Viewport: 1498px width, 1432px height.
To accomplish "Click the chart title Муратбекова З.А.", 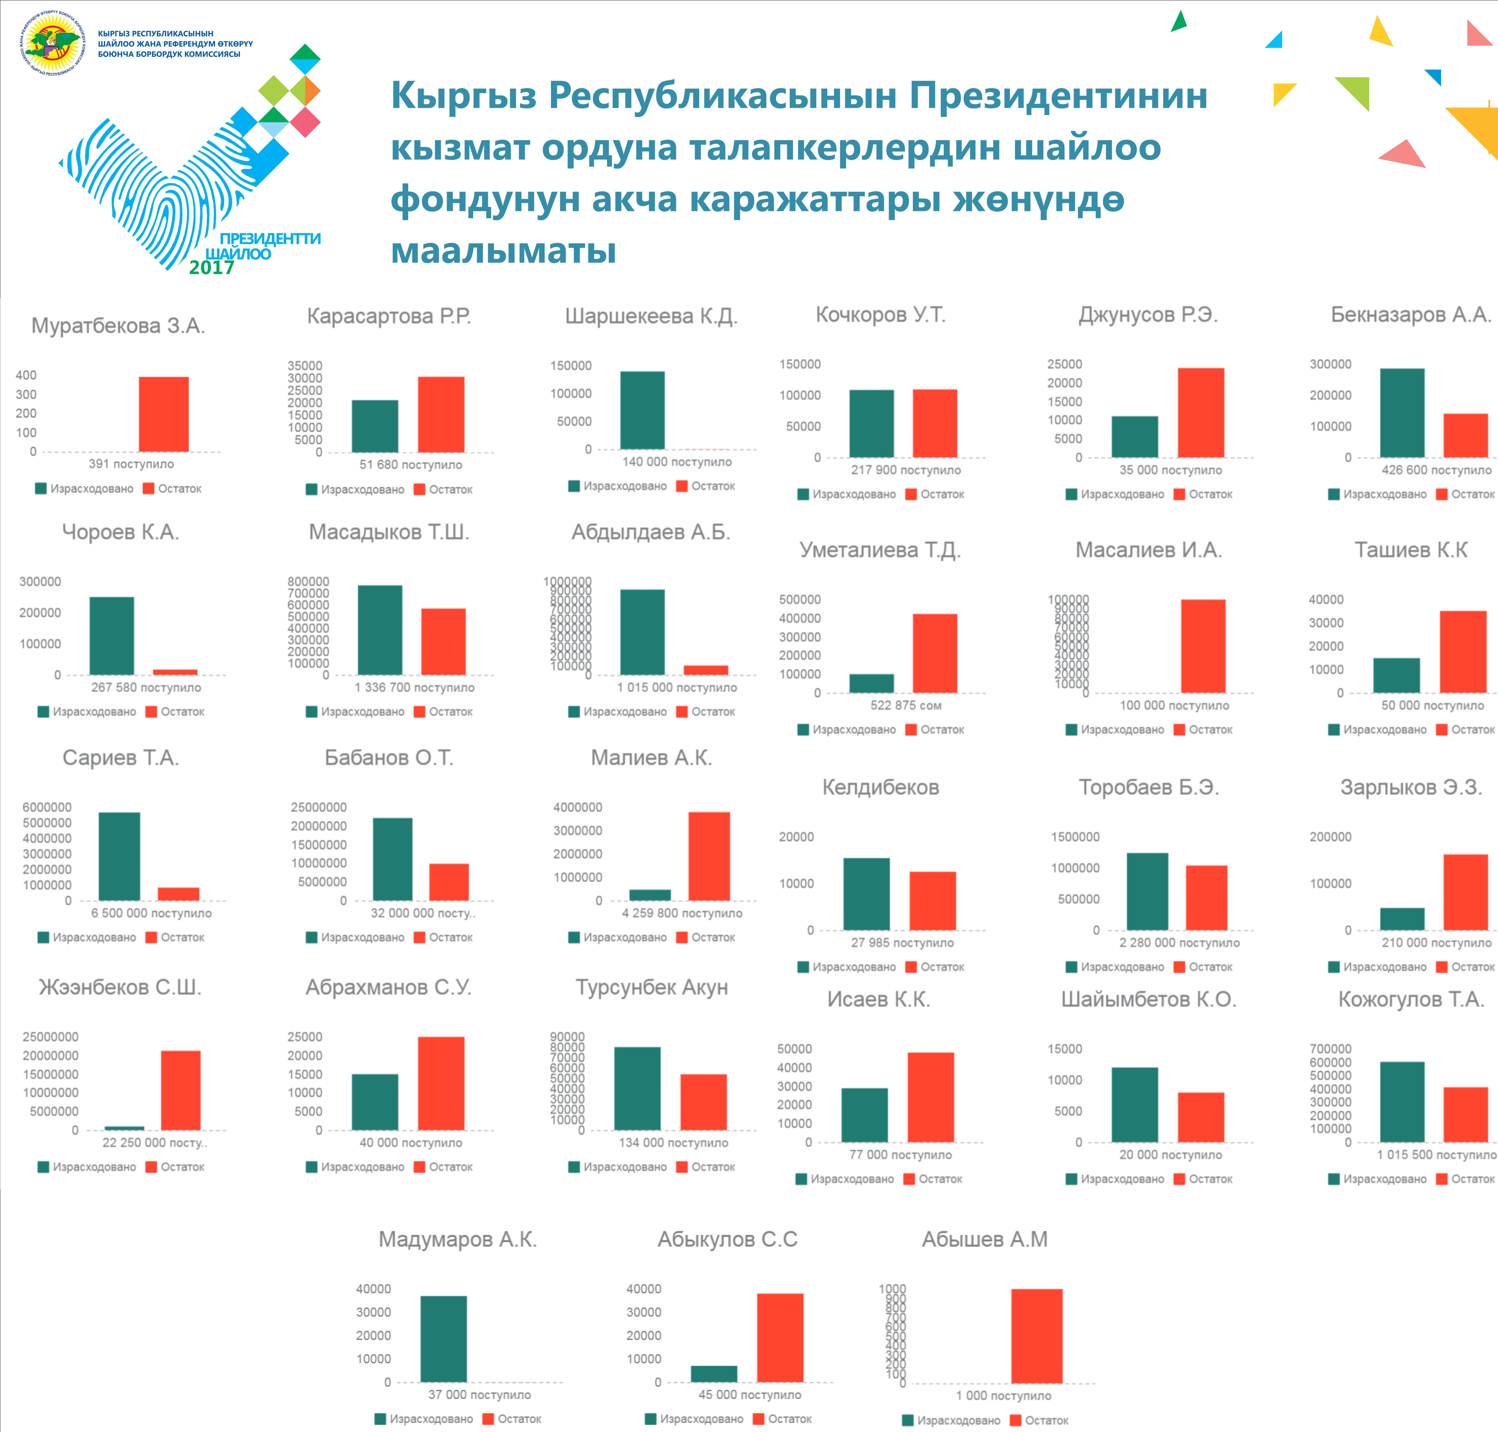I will coord(118,326).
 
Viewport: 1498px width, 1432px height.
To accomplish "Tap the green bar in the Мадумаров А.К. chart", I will coord(443,1339).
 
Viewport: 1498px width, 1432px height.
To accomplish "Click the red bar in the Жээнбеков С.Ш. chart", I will coord(181,1090).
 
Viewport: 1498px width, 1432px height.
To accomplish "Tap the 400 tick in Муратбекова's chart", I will coord(26,375).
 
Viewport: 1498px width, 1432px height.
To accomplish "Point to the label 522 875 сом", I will coord(906,705).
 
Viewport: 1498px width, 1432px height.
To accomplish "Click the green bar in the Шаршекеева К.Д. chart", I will coord(642,410).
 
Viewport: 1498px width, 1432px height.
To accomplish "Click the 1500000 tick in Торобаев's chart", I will coord(1075,837).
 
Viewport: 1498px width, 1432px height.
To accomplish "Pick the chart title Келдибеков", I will coord(881,787).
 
